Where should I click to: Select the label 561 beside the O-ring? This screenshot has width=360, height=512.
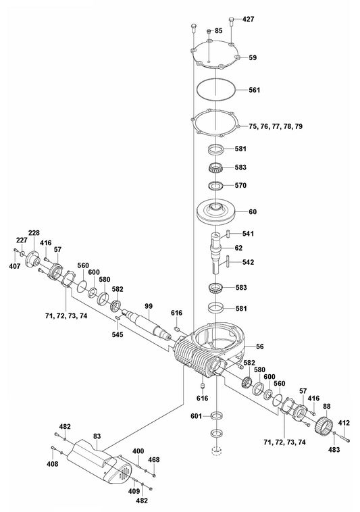pos(255,90)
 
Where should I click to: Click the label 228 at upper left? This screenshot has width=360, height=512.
pos(34,233)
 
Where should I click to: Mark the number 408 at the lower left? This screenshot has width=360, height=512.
pos(53,464)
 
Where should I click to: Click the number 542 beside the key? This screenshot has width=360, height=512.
pos(248,261)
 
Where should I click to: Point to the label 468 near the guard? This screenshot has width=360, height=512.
pos(155,460)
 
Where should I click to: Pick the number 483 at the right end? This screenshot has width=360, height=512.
pos(334,450)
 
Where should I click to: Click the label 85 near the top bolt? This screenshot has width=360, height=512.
pos(218,31)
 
